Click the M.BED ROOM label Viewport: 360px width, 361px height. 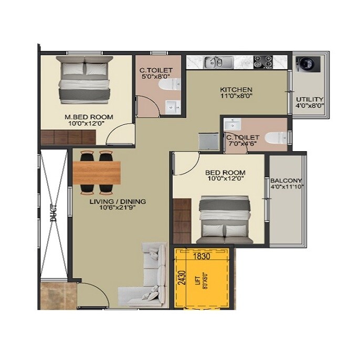tap(89, 117)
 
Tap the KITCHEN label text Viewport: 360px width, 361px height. tap(236, 89)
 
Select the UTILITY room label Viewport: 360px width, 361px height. tap(309, 99)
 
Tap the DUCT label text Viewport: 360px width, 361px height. tap(52, 213)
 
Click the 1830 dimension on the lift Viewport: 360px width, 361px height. tap(201, 257)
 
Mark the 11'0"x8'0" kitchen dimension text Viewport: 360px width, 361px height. tap(236, 96)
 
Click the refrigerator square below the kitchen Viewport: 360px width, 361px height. tap(207, 142)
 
